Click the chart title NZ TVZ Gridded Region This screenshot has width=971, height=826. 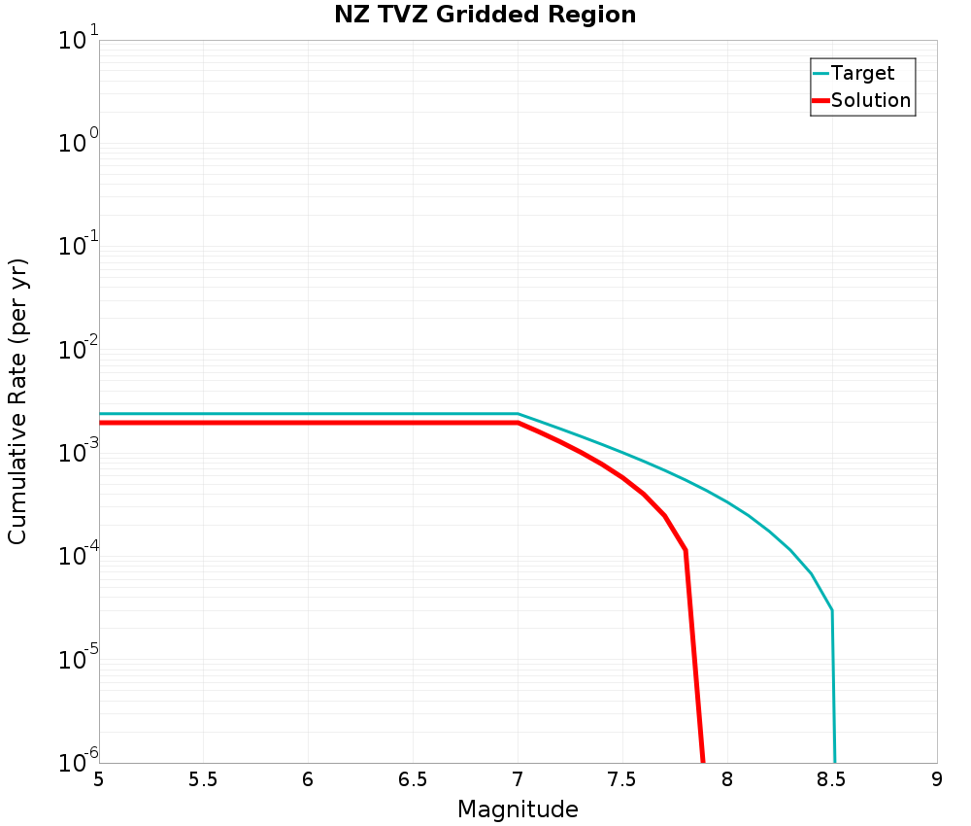click(x=485, y=16)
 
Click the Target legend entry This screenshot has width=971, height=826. click(x=862, y=73)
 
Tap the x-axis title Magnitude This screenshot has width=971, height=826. click(x=518, y=809)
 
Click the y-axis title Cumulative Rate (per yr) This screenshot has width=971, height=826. click(x=18, y=401)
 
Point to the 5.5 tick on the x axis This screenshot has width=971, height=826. click(x=203, y=779)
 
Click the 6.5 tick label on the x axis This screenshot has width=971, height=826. click(x=413, y=779)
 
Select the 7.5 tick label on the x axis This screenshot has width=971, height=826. click(x=622, y=779)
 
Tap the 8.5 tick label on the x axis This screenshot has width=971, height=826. click(x=832, y=779)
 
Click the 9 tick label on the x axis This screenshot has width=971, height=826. click(x=937, y=779)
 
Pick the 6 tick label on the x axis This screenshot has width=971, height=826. click(x=308, y=779)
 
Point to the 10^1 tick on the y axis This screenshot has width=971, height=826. click(x=78, y=41)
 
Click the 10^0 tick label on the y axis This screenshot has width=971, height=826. click(x=78, y=144)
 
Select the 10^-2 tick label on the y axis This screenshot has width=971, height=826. click(x=78, y=350)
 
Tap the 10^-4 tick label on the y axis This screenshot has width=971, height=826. click(x=78, y=557)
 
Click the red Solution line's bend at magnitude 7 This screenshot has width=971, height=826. click(x=519, y=423)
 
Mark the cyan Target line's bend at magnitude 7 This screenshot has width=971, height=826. click(x=518, y=414)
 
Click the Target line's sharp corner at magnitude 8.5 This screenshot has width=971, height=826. click(x=832, y=610)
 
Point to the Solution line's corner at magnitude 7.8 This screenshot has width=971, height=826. click(x=686, y=551)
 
